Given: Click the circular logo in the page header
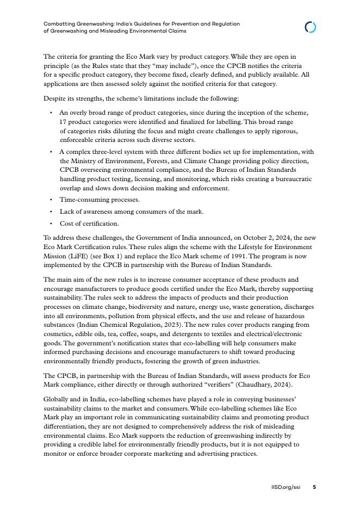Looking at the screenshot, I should point(311,27).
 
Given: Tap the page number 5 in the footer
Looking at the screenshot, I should point(314,487).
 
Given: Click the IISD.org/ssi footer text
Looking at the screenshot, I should point(285,487).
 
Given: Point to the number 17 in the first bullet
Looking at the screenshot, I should point(63,122).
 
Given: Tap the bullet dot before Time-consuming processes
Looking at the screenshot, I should point(51,200).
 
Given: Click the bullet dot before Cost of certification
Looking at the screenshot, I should point(51,224).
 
